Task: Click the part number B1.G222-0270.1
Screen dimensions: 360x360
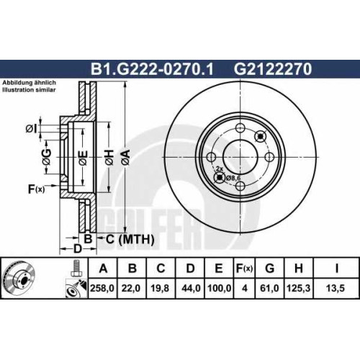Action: [152, 69]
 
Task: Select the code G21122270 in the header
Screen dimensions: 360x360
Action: [273, 69]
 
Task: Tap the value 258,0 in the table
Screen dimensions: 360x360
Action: [102, 288]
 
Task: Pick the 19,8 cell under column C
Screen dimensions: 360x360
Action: [161, 288]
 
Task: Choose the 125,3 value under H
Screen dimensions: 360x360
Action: [298, 288]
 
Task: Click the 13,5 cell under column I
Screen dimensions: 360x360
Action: [336, 288]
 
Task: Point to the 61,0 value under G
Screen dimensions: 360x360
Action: [269, 288]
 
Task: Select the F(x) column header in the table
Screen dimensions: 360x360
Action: [244, 269]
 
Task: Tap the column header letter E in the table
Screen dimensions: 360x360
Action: [219, 269]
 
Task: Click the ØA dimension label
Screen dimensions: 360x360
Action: [125, 158]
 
